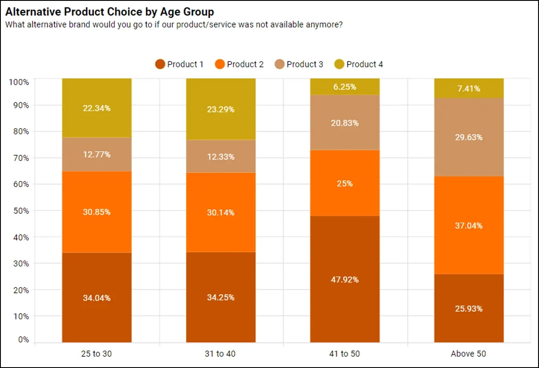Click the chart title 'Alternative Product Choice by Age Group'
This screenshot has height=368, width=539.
[x=109, y=12]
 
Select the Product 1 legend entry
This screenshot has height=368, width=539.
[x=180, y=64]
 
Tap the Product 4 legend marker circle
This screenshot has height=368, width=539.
[x=339, y=64]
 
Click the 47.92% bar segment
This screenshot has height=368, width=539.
[x=344, y=279]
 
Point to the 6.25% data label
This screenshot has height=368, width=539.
[x=344, y=87]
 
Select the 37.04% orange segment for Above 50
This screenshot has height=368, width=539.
[x=469, y=225]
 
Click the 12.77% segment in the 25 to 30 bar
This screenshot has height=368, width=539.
[x=96, y=154]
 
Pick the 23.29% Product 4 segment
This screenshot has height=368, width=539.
[x=221, y=109]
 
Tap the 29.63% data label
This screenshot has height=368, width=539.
[x=469, y=137]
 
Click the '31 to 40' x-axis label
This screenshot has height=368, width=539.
[x=221, y=353]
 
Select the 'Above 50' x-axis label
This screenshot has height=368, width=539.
[x=468, y=353]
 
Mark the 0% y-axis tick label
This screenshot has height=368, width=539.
[x=22, y=340]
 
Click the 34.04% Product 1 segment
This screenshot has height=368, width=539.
[x=96, y=298]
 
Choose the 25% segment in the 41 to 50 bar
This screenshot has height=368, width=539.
[x=344, y=184]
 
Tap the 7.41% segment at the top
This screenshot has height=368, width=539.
[x=469, y=88]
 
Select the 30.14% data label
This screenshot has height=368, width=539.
[x=221, y=212]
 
